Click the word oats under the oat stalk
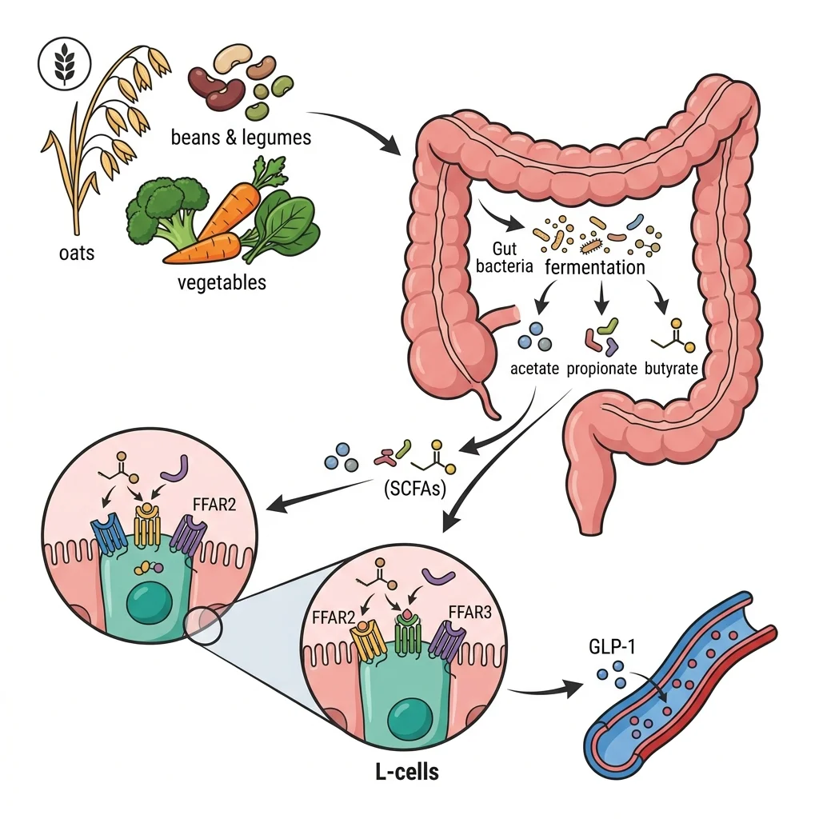[x=76, y=254]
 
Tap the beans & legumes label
[x=241, y=138]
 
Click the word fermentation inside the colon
[x=594, y=267]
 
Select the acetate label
[x=533, y=369]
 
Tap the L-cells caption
[x=406, y=773]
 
